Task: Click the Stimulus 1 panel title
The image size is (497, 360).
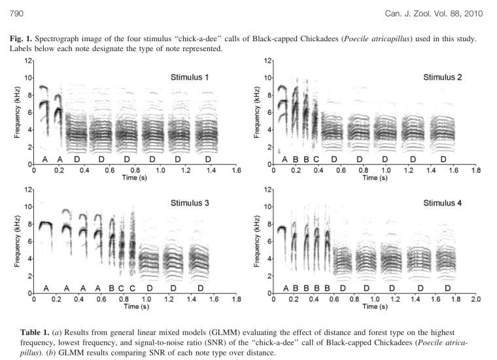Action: click(x=190, y=77)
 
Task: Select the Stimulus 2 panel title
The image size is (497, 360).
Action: click(x=442, y=77)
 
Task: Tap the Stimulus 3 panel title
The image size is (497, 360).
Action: click(x=190, y=203)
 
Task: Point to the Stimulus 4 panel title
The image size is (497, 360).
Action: click(x=443, y=203)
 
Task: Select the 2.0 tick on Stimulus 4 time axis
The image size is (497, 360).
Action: click(x=475, y=298)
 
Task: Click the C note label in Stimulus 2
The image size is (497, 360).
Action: click(x=317, y=159)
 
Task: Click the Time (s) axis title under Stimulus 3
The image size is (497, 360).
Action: click(x=133, y=306)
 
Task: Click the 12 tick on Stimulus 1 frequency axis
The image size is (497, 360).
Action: click(x=27, y=61)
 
